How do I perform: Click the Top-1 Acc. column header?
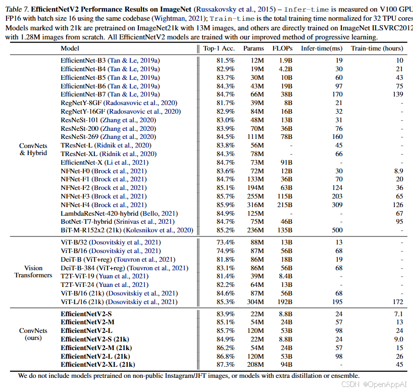(x=219, y=48)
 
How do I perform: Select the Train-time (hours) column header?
(x=377, y=48)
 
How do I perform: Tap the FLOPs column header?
(x=282, y=48)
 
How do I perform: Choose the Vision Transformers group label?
(x=33, y=272)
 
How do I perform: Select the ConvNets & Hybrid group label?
(x=33, y=150)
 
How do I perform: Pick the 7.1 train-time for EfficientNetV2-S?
(x=398, y=314)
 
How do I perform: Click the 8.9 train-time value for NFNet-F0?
(x=398, y=171)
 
